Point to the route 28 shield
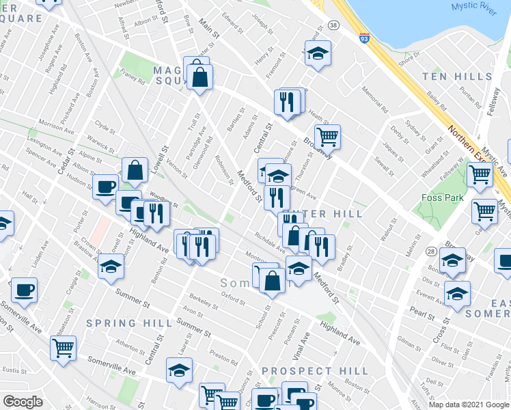coord(432,252)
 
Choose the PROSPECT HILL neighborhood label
coord(316,371)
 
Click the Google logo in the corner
coord(23,402)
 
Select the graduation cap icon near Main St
coord(317,55)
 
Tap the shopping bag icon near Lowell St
coord(135,170)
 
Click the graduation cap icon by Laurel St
coord(179,370)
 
